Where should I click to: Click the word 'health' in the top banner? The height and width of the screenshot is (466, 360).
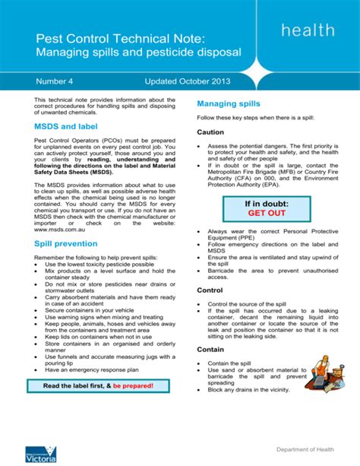(x=307, y=30)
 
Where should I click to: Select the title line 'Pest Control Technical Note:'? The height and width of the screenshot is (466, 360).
(x=115, y=37)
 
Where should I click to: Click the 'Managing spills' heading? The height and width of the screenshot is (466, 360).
(x=229, y=103)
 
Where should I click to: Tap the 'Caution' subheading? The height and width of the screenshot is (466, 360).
(x=211, y=132)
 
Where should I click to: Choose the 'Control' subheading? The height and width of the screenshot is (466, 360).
(x=210, y=290)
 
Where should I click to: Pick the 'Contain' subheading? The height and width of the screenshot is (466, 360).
(x=210, y=350)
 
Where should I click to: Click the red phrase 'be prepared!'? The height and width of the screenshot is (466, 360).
(x=134, y=385)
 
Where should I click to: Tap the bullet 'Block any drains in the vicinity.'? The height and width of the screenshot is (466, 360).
(x=248, y=389)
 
